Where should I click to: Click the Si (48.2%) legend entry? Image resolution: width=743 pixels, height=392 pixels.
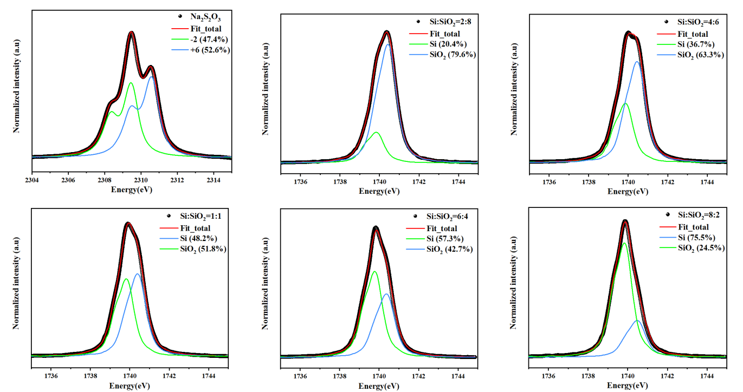point(199,238)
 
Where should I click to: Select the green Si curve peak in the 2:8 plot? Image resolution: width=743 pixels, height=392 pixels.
point(376,132)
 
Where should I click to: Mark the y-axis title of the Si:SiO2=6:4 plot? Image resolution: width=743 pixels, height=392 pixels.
point(266,283)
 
